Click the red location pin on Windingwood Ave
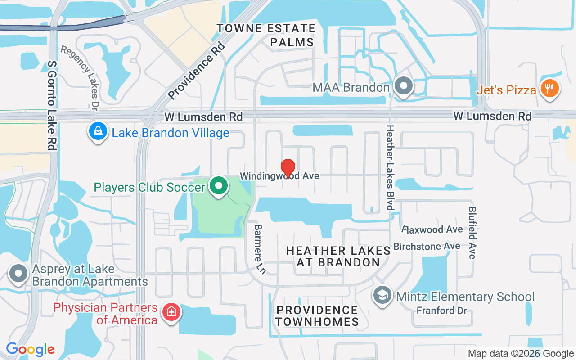[x=288, y=168]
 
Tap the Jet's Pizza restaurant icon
[x=549, y=89]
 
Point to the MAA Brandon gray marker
[x=403, y=86]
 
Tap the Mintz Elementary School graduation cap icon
[x=382, y=296]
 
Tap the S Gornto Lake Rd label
[x=53, y=106]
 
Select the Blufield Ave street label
[x=472, y=233]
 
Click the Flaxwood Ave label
[x=432, y=229]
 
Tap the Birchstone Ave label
[x=427, y=246]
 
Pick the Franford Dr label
[x=442, y=310]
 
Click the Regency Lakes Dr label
[x=80, y=77]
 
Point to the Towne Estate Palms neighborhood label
[x=266, y=35]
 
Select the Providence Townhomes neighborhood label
[x=317, y=315]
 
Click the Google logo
[x=30, y=349]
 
